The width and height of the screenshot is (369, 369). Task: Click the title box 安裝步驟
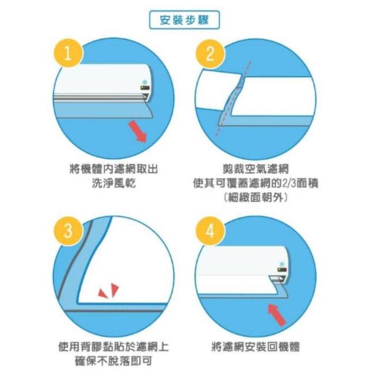pyautogui.click(x=184, y=20)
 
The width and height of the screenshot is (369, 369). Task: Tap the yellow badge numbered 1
pyautogui.click(x=68, y=53)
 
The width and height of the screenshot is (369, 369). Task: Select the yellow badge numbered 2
pyautogui.click(x=210, y=54)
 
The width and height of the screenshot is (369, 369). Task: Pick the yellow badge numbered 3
pyautogui.click(x=68, y=231)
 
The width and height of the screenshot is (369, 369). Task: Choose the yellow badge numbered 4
pyautogui.click(x=210, y=231)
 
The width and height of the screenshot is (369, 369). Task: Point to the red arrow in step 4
pyautogui.click(x=277, y=315)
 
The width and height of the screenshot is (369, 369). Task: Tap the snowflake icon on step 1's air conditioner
pyautogui.click(x=145, y=82)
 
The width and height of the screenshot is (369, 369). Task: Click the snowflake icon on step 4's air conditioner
pyautogui.click(x=281, y=264)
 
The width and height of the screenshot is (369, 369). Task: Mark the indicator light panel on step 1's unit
pyautogui.click(x=145, y=88)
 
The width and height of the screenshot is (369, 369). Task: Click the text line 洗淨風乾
pyautogui.click(x=114, y=183)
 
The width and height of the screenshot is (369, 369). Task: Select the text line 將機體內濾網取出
pyautogui.click(x=114, y=169)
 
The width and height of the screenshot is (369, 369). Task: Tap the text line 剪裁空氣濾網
pyautogui.click(x=255, y=169)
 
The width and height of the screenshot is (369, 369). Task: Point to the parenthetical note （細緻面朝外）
pyautogui.click(x=255, y=197)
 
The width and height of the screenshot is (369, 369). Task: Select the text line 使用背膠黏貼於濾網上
pyautogui.click(x=114, y=347)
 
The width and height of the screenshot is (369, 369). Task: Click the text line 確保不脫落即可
pyautogui.click(x=114, y=361)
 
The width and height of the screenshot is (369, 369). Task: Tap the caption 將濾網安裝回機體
pyautogui.click(x=255, y=347)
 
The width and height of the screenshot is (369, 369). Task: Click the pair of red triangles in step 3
pyautogui.click(x=109, y=291)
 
